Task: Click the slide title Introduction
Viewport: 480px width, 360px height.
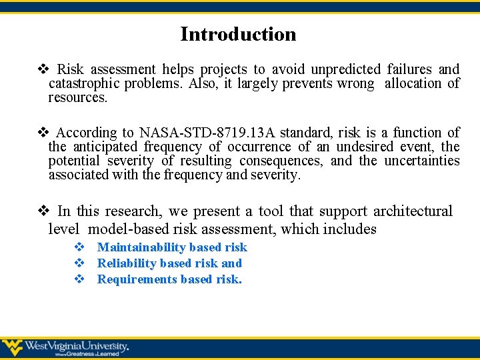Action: pos(238,34)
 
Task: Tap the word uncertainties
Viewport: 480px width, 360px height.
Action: pos(421,161)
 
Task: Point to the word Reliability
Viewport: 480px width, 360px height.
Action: pos(127,263)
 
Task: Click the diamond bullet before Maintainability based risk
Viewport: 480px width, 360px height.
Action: pos(79,247)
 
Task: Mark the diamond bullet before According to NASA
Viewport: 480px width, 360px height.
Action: pos(43,133)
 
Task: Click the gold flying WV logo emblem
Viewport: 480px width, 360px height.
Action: pos(12,347)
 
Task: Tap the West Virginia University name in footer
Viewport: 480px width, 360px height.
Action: pos(76,347)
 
